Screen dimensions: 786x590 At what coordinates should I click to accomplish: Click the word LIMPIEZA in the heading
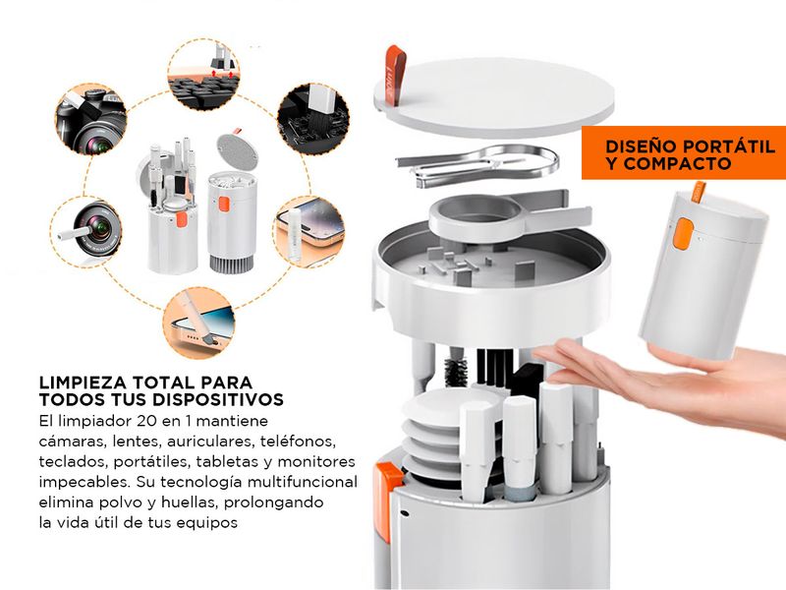coord(83,383)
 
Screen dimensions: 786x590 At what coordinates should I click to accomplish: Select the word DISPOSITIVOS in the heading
coord(217,399)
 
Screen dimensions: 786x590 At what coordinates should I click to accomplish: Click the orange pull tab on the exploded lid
coord(394,75)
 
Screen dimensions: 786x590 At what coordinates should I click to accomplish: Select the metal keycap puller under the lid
coord(477,164)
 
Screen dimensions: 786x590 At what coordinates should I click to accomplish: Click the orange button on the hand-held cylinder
coord(682,233)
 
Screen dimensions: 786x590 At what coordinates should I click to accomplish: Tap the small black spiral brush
coord(455,372)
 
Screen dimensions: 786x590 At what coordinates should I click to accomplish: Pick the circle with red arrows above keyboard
coord(203,74)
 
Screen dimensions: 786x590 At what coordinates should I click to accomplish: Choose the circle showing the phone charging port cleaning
coord(198,323)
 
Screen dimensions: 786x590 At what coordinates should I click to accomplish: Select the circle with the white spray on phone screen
coord(309,232)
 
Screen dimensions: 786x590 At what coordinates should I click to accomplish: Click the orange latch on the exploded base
coord(387,501)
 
